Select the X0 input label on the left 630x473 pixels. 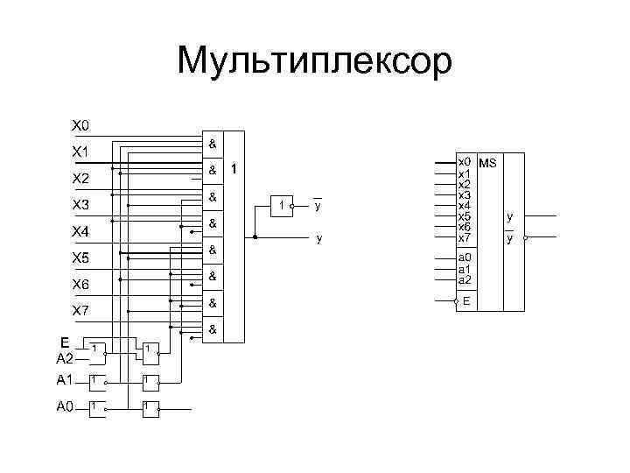[80, 125]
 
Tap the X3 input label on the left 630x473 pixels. [80, 205]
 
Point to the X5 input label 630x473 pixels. [80, 258]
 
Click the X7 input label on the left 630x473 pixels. [80, 311]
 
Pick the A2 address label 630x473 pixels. [66, 357]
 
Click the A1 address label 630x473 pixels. [66, 380]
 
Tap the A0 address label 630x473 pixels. [66, 406]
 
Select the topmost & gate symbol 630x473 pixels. [213, 142]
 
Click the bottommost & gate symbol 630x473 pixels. [213, 330]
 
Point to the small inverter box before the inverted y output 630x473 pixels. [282, 206]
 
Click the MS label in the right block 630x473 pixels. [488, 163]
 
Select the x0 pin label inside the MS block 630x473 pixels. [465, 162]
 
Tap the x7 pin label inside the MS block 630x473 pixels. [465, 238]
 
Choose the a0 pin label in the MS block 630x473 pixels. [465, 258]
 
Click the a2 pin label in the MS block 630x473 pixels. [465, 280]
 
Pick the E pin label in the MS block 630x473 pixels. [466, 300]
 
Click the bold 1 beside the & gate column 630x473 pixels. [234, 168]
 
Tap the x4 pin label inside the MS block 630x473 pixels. [465, 206]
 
